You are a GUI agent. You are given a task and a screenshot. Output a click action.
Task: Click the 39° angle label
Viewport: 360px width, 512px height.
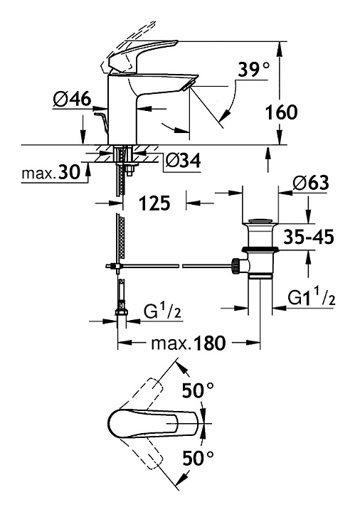click(254, 70)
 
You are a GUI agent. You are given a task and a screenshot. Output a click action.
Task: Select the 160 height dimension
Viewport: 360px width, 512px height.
click(281, 112)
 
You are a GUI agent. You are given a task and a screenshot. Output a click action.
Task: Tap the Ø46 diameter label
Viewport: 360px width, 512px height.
click(72, 99)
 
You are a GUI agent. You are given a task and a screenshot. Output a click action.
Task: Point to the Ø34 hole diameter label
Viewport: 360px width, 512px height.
click(184, 161)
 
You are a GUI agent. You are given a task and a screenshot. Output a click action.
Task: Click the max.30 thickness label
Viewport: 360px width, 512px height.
click(51, 172)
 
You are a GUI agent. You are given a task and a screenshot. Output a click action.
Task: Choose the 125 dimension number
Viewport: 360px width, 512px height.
click(154, 203)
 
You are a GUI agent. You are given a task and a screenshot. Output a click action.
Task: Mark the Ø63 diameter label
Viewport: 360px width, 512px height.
click(311, 183)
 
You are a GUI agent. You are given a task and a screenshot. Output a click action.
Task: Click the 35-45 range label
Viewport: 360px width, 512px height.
click(309, 237)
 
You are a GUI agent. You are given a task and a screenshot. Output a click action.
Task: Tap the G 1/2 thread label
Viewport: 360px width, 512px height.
click(162, 311)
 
